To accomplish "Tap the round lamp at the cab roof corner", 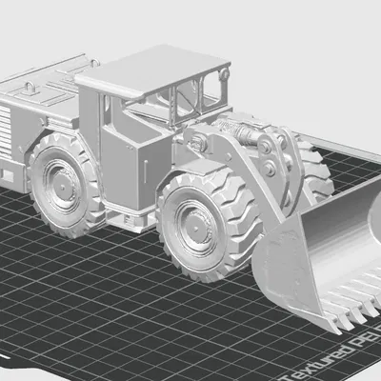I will point(225,73).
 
